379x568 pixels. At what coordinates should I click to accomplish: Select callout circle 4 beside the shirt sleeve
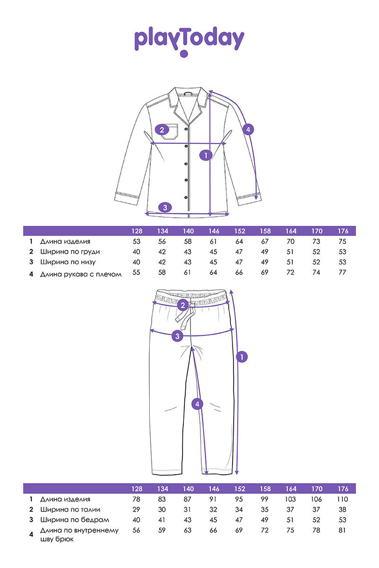click(248, 129)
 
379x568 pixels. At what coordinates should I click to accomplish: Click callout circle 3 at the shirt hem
click(165, 207)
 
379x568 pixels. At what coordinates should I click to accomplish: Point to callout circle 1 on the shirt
click(206, 155)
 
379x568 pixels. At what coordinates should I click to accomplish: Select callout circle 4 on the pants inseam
click(197, 404)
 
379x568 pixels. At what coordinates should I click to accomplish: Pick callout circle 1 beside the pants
click(242, 357)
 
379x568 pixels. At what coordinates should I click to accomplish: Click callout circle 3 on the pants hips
click(177, 336)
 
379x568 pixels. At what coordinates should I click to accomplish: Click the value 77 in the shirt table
click(342, 272)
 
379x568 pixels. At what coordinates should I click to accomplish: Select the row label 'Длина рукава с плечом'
click(81, 274)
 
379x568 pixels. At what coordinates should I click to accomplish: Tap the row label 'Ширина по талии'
click(70, 509)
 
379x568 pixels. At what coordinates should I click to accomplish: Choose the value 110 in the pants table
click(342, 499)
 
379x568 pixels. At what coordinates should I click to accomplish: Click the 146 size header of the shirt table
click(214, 231)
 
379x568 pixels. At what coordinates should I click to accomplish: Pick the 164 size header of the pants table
click(291, 489)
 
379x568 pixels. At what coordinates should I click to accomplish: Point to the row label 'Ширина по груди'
click(70, 252)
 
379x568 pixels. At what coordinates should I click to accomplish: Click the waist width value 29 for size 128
click(136, 509)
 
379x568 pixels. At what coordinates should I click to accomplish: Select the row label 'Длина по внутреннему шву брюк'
click(79, 534)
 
